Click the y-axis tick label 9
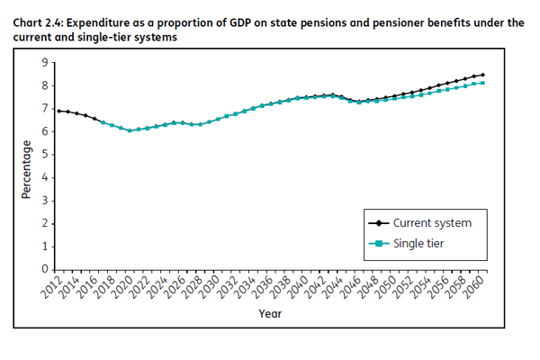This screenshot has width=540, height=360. (46, 62)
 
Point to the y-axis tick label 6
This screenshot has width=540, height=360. (46, 131)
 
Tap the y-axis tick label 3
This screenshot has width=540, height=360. (46, 201)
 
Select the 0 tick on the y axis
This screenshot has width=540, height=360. (46, 269)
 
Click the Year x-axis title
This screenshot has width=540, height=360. (270, 314)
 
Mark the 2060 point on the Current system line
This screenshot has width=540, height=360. (483, 75)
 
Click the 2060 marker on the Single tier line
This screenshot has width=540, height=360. (483, 83)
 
